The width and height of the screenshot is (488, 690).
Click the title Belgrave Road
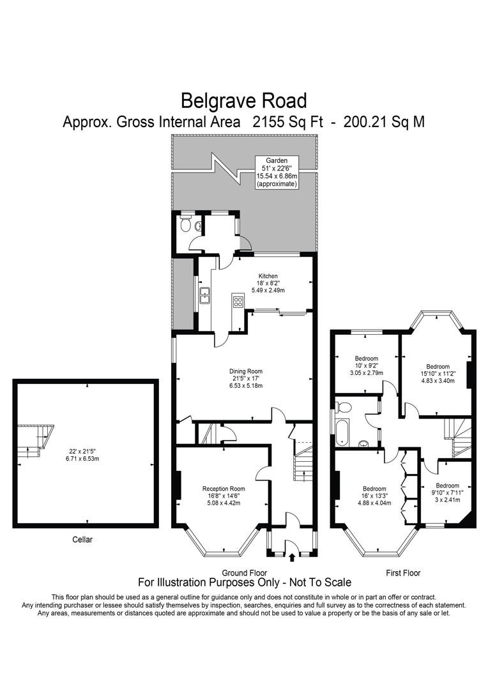point(243,100)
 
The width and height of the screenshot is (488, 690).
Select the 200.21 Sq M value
point(384,121)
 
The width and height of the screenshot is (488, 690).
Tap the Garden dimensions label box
point(277,172)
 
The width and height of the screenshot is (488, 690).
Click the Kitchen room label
point(268,276)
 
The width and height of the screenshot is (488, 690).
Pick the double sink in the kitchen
point(206,296)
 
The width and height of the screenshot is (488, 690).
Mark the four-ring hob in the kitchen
point(238,302)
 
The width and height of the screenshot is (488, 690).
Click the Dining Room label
point(246,371)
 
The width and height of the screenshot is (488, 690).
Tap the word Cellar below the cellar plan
point(82,540)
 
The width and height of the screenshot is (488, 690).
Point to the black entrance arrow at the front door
point(293,558)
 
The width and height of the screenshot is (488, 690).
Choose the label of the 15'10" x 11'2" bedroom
point(437,367)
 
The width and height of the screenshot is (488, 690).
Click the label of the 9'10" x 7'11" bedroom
point(446,486)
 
